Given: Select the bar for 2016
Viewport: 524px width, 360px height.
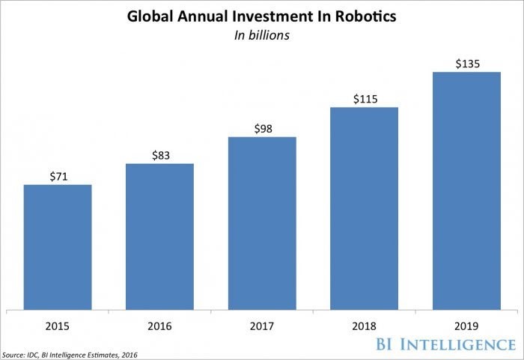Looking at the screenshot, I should tap(159, 235).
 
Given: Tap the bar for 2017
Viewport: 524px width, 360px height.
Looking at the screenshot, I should tap(262, 222).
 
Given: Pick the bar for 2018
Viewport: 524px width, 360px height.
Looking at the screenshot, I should tap(364, 207).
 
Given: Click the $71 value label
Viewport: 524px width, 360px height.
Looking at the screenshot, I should tap(58, 176).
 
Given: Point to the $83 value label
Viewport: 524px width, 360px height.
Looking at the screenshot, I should tap(159, 155).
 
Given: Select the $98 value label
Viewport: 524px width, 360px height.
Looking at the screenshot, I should tap(262, 129).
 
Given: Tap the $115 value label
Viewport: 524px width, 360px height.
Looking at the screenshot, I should tap(364, 99).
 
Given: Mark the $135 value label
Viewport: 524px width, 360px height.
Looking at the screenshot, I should tap(466, 64).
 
